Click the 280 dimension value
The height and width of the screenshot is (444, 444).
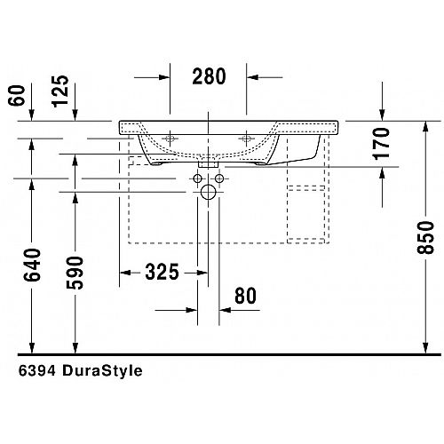coord(209,76)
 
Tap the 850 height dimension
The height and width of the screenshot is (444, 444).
coord(425,237)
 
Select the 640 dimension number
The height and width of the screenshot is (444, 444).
coord(32,265)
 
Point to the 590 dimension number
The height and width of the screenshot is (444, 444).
coord(75,273)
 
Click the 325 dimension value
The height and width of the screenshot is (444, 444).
coord(162,272)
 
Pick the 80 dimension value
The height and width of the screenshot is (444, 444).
coord(245,296)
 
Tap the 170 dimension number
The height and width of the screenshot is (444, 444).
coord(382,144)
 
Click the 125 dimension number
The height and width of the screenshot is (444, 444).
coord(60,91)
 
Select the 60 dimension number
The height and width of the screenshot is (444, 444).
coord(17,95)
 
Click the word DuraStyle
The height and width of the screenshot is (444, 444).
coord(102,370)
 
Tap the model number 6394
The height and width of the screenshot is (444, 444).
coord(37,370)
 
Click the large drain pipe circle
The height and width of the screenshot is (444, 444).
coord(209,192)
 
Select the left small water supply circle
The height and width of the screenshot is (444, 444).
coord(198,178)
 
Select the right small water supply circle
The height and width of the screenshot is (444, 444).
coord(219,178)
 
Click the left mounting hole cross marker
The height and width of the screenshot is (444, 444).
coord(170,139)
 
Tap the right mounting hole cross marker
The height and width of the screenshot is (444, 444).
coord(246,139)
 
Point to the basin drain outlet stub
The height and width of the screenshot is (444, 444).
coord(209,164)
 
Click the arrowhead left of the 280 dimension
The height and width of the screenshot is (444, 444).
coord(164,77)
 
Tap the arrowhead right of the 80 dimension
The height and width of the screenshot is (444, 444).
coord(225,310)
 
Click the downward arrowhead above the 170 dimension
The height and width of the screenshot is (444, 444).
coord(382,115)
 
